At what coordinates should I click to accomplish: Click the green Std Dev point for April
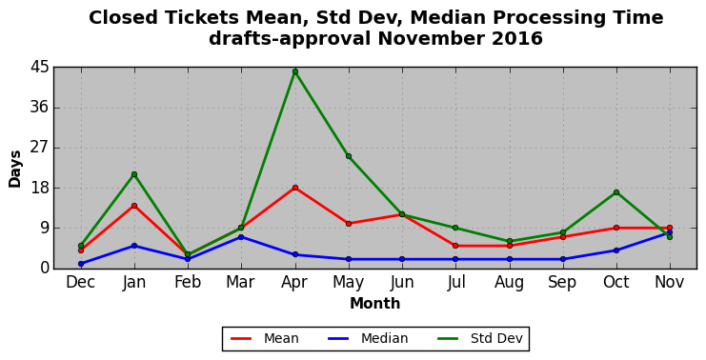(x=295, y=71)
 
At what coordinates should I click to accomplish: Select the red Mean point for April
(x=295, y=188)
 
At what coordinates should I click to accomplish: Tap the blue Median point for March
(x=241, y=237)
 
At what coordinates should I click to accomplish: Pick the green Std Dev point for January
(x=134, y=174)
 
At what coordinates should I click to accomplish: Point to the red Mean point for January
(x=134, y=206)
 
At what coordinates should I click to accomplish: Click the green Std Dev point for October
(x=615, y=192)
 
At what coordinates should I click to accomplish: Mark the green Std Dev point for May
(x=349, y=156)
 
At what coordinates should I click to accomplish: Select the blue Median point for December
(x=81, y=264)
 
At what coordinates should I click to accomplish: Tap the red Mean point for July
(x=455, y=246)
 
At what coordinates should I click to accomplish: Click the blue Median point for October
(x=615, y=250)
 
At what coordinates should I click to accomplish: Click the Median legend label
(x=385, y=338)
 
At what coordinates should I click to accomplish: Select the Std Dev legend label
(x=496, y=338)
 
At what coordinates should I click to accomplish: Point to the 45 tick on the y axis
(x=39, y=68)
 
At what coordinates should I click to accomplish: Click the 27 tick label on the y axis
(x=39, y=148)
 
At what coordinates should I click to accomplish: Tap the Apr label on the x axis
(x=294, y=283)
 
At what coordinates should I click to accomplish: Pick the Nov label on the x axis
(x=670, y=282)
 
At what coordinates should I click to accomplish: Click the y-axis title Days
(x=15, y=170)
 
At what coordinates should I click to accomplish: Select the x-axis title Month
(x=375, y=303)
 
